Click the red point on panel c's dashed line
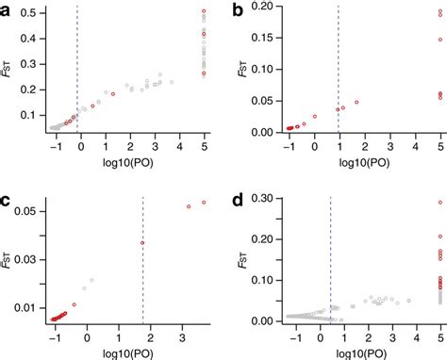click(142, 243)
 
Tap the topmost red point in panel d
click(439, 203)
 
